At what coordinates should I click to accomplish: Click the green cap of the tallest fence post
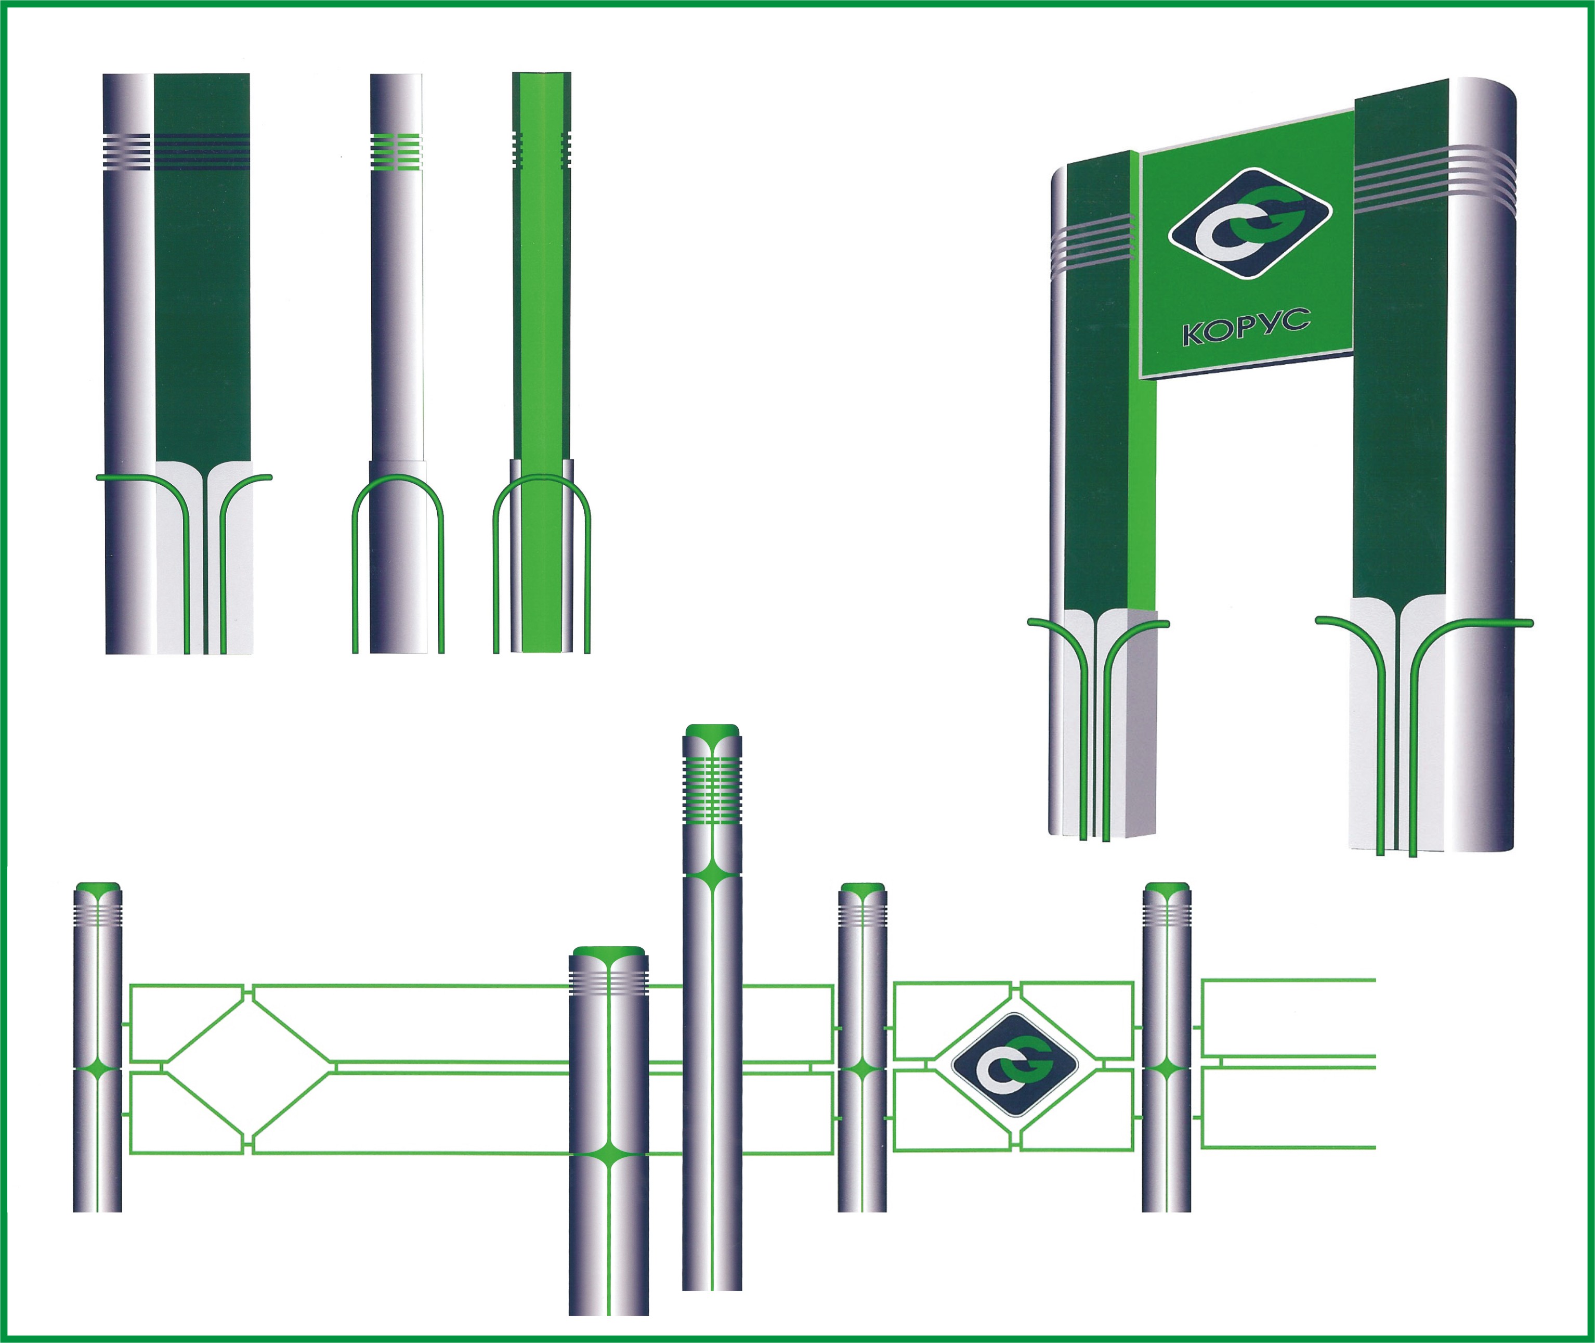point(712,731)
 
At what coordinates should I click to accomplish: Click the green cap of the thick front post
point(609,952)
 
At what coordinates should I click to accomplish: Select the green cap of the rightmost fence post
point(1167,888)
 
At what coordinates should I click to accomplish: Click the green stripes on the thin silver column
point(396,151)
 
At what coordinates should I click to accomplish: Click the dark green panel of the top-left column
point(202,266)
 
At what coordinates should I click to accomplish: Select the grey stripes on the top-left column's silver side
point(127,151)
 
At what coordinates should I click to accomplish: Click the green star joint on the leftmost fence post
point(97,1069)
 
